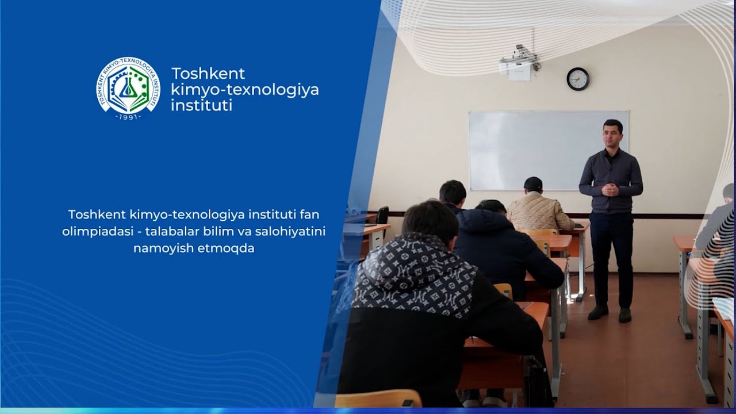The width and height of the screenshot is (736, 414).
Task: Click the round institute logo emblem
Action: click(x=128, y=86)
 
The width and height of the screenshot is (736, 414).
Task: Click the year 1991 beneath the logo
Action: click(x=128, y=117)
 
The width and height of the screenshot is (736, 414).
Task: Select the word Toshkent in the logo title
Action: click(x=208, y=74)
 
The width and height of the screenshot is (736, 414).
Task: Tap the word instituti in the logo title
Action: click(x=201, y=105)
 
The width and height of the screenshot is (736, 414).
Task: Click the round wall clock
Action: click(x=578, y=79)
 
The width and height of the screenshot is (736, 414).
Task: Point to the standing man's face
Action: click(x=613, y=136)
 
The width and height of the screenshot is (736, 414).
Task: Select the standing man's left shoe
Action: click(x=625, y=315)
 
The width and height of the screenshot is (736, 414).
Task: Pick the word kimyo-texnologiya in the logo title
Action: click(x=245, y=90)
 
